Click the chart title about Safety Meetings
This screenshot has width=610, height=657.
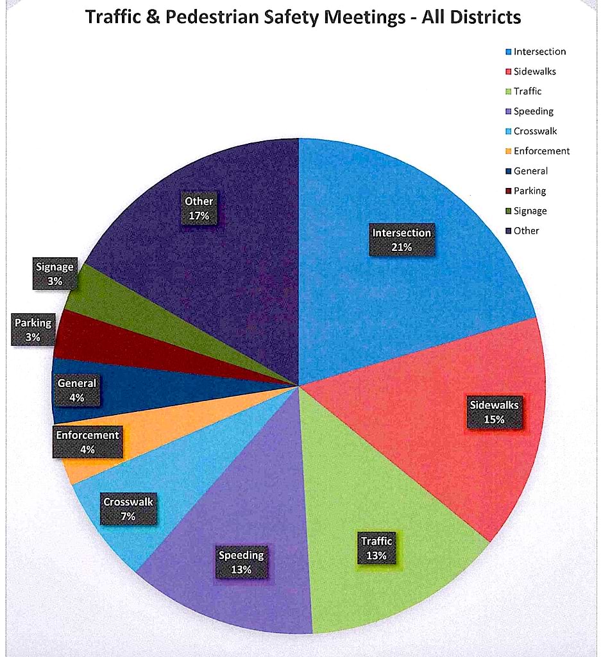tap(303, 17)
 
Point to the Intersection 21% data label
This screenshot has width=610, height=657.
tap(402, 240)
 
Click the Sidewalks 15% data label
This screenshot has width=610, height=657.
tap(494, 412)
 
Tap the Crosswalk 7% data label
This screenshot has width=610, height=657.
tap(128, 509)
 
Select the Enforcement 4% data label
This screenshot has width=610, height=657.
tap(87, 442)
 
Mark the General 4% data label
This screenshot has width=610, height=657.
tap(77, 390)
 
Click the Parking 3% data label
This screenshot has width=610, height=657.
tap(33, 329)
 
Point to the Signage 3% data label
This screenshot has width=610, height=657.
tap(55, 273)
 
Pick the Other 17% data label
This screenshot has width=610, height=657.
tap(199, 209)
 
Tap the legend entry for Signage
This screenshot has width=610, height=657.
tap(529, 211)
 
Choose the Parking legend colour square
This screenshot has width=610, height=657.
tap(509, 191)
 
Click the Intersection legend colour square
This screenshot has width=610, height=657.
tap(509, 52)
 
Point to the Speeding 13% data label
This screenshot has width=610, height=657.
tap(241, 562)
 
